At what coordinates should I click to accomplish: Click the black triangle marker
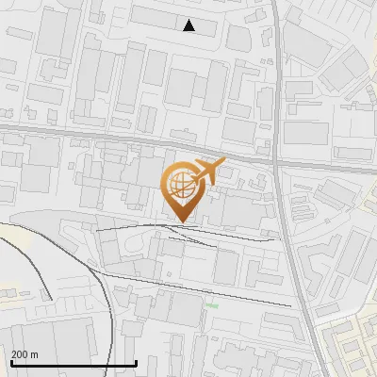[x=189, y=25]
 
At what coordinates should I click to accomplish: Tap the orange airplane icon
[x=208, y=172]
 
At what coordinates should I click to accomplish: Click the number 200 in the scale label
[x=20, y=354]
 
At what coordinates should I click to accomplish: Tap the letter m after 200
[x=35, y=354]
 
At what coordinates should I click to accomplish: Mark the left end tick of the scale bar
[x=10, y=362]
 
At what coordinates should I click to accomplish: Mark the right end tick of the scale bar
[x=137, y=362]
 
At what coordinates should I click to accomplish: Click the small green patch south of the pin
[x=213, y=305]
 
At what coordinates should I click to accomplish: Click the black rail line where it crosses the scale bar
[x=120, y=362]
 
